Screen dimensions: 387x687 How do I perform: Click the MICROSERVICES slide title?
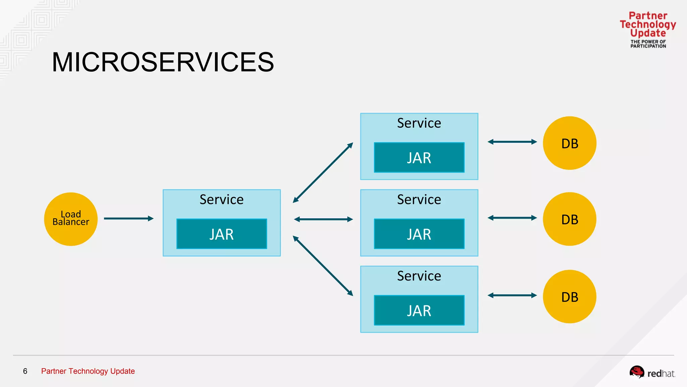click(163, 62)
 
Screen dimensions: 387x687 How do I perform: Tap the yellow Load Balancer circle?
click(71, 219)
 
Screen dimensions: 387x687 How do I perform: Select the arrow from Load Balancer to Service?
click(128, 219)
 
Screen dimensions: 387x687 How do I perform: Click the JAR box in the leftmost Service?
click(222, 234)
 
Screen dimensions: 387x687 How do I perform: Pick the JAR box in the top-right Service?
click(419, 158)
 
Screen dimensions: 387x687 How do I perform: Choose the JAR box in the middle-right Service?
click(419, 234)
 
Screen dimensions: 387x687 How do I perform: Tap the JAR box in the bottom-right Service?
click(419, 310)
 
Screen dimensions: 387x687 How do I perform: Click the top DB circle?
click(570, 143)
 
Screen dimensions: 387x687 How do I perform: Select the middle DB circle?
click(570, 219)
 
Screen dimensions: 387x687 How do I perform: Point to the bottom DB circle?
click(570, 297)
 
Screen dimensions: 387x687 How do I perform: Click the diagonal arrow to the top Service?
click(323, 173)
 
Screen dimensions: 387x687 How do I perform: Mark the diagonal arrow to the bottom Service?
click(323, 266)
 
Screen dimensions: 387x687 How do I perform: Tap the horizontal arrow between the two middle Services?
click(323, 219)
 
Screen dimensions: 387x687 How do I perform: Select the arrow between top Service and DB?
click(512, 142)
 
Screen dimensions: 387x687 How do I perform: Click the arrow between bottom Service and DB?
click(512, 295)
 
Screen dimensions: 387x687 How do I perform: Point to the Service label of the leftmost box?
click(221, 200)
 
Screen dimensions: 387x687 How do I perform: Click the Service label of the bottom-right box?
click(419, 276)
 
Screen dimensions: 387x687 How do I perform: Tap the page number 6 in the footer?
click(25, 371)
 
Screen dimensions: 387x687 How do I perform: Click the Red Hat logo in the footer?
click(652, 373)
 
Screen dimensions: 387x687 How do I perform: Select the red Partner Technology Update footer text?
click(88, 371)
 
